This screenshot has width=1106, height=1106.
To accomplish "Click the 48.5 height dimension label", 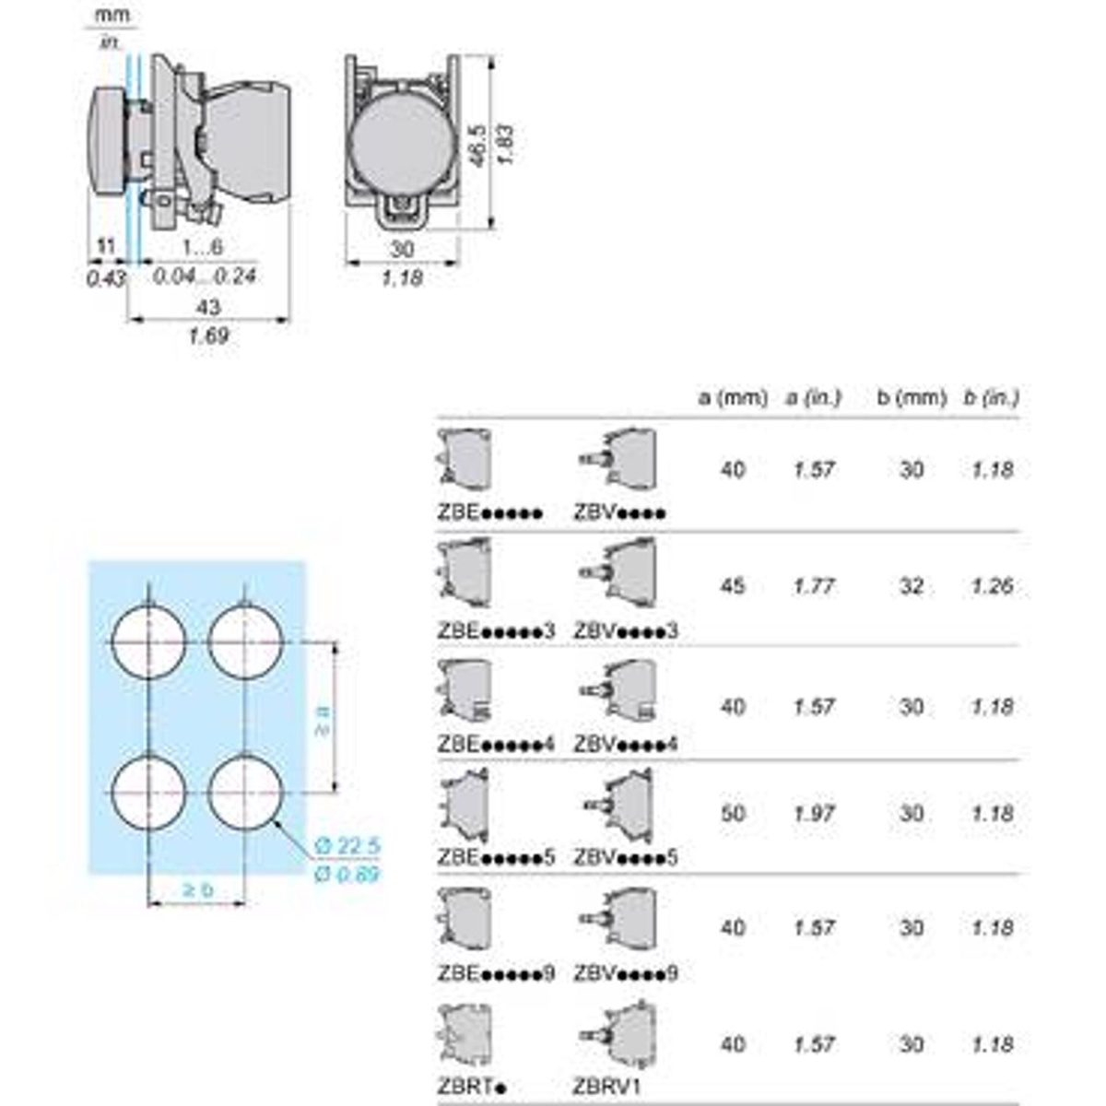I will tap(477, 142).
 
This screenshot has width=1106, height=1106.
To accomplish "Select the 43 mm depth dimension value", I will tap(208, 306).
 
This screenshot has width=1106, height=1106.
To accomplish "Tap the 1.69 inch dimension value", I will tap(208, 335).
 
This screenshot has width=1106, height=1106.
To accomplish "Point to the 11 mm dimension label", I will tap(107, 247).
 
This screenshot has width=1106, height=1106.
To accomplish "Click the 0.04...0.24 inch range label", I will tap(204, 276).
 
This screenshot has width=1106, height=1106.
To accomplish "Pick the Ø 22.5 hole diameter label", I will tap(347, 846).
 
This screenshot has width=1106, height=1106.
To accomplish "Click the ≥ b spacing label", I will tap(197, 889).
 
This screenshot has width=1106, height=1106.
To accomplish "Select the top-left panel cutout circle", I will tap(148, 641).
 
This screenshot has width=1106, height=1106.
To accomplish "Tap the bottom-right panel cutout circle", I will tap(245, 793).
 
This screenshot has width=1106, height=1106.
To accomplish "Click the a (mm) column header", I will tap(733, 398).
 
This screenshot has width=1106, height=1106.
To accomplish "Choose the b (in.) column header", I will tap(991, 398).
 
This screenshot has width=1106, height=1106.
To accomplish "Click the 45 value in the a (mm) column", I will tap(733, 586).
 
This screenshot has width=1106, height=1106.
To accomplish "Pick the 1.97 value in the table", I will tap(814, 814).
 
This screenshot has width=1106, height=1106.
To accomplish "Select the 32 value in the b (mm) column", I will tap(912, 586).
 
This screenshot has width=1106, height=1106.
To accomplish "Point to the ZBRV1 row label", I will tap(606, 1087).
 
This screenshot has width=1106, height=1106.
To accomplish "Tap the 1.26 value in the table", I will tap(992, 586).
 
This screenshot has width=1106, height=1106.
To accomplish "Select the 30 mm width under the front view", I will tap(402, 249).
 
